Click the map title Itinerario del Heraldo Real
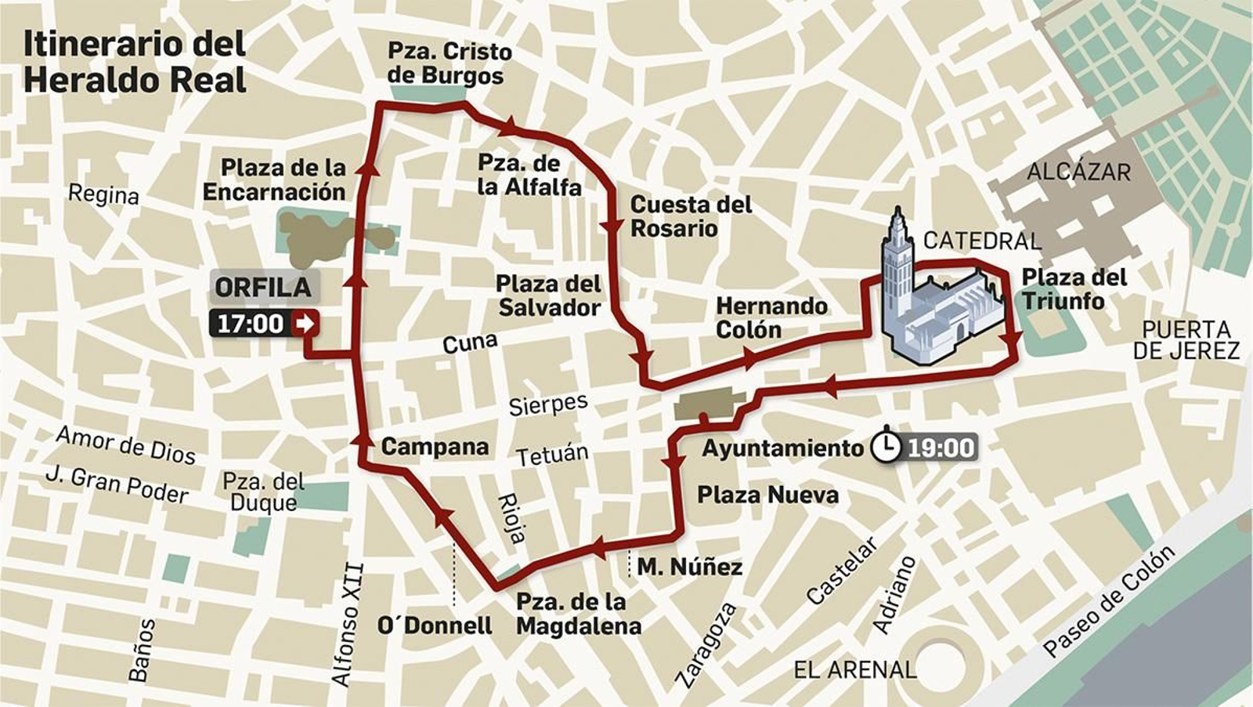[x=135, y=63]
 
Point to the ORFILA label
[x=263, y=288]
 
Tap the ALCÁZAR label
[x=1078, y=172]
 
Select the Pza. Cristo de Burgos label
[x=450, y=63]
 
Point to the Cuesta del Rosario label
[x=691, y=216]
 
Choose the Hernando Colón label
[x=771, y=317]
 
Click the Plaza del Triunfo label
[x=1074, y=288]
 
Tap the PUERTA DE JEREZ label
[x=1186, y=339]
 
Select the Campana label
[x=435, y=447]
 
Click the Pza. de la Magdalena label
[x=578, y=614]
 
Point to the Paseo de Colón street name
[x=1109, y=601]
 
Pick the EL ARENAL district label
[x=854, y=670]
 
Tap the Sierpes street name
[x=548, y=404]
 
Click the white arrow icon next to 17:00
[x=304, y=323]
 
